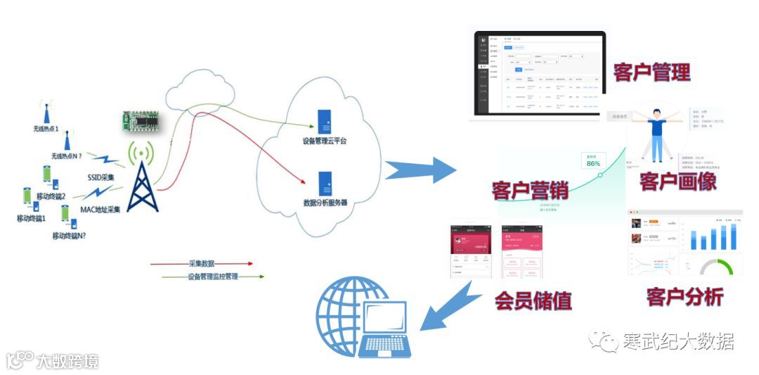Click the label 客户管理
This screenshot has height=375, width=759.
[x=651, y=72]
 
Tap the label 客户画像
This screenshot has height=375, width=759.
[x=677, y=181]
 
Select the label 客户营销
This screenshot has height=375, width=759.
[x=529, y=190]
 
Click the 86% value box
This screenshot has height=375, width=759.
[x=592, y=161]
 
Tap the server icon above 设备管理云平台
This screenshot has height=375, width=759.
[x=325, y=122]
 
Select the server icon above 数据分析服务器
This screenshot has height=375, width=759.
[x=325, y=184]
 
